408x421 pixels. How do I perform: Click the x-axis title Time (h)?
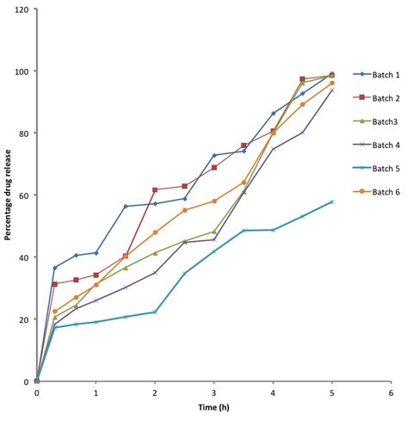213,414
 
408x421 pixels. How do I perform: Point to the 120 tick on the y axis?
22,9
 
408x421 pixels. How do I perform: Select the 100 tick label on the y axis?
22,71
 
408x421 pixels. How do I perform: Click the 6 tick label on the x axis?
391,393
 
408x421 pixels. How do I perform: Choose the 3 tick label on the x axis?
213,393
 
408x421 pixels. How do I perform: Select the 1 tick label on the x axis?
96,393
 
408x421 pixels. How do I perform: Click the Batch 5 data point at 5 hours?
332,201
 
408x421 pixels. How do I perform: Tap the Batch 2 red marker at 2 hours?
155,189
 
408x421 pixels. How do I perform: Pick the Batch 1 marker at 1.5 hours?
126,207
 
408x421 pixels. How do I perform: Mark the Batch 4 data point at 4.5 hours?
302,133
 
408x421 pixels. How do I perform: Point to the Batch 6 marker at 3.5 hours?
244,183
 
